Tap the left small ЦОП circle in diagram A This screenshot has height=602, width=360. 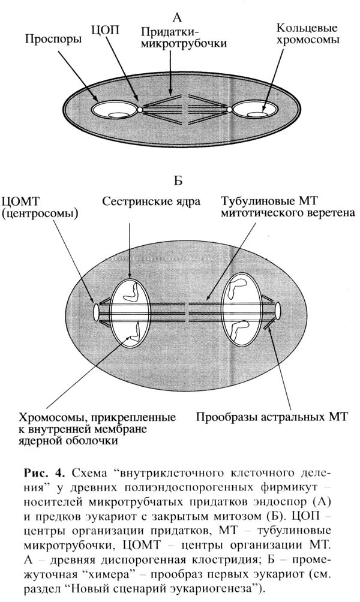[139, 110]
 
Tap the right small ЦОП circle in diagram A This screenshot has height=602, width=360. [230, 110]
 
